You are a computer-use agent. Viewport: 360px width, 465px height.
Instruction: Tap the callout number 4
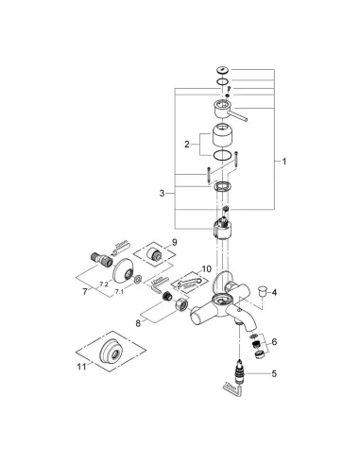click(273, 294)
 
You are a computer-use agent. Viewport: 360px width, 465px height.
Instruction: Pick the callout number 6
click(274, 341)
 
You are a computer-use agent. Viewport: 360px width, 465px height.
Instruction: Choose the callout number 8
click(141, 323)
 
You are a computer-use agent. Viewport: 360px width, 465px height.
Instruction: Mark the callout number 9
click(174, 243)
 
